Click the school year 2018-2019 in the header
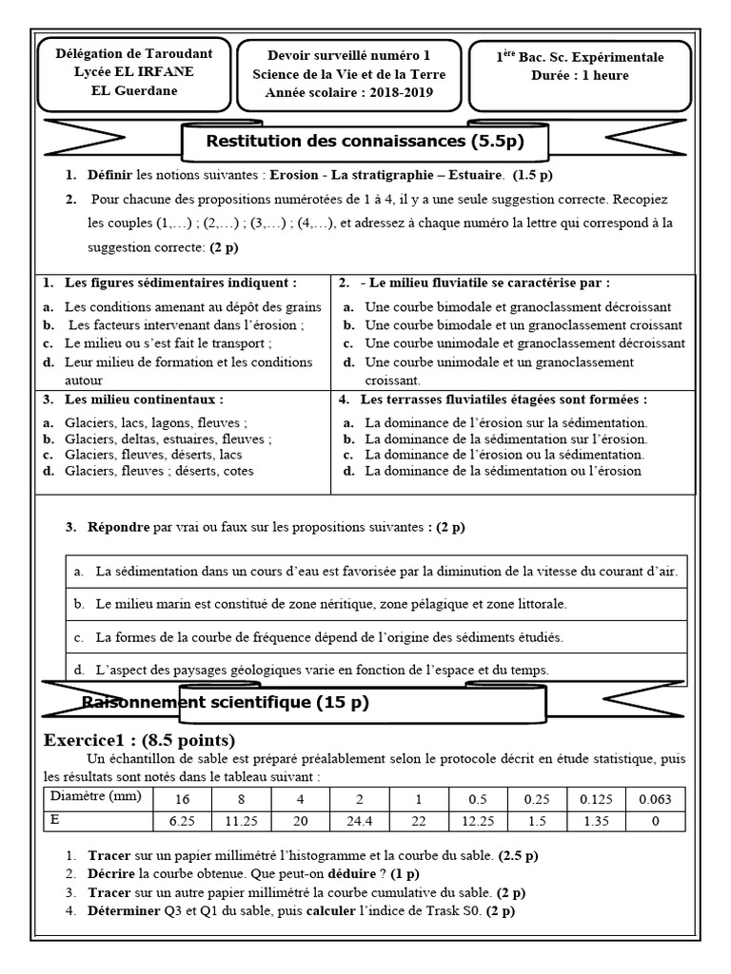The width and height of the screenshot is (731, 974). point(399,93)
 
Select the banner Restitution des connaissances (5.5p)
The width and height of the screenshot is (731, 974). point(365,143)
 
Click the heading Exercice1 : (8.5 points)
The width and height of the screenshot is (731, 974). point(140,740)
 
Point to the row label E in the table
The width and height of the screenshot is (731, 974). point(56,819)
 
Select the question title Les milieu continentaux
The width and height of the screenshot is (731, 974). point(144,399)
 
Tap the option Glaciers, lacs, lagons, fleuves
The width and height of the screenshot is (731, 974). point(157,423)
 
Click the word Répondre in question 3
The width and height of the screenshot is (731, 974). point(118,527)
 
